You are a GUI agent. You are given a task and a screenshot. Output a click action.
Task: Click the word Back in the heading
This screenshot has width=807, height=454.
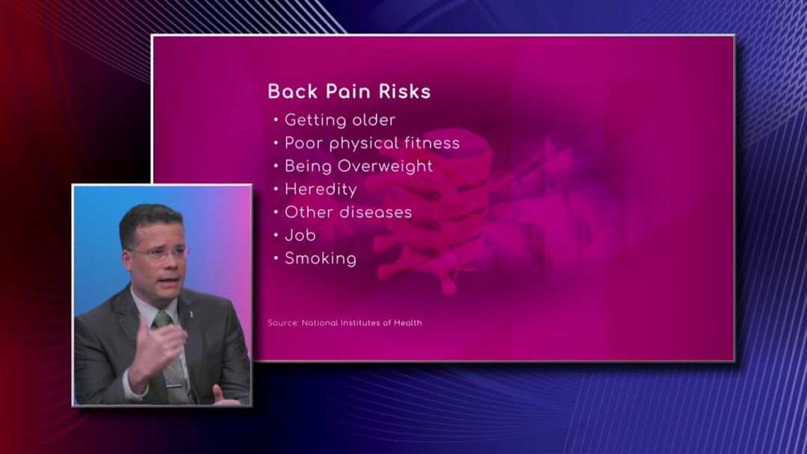click(x=293, y=92)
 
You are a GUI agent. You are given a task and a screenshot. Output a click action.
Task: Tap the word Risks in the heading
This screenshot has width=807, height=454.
click(x=404, y=92)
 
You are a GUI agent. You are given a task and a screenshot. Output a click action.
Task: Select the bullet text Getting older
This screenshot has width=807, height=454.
click(x=340, y=120)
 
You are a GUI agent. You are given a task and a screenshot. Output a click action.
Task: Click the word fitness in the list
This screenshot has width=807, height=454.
click(x=432, y=143)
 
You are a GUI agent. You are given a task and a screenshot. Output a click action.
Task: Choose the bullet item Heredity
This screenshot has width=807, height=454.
click(x=321, y=189)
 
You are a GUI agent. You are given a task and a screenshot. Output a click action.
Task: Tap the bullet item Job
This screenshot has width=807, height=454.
click(x=300, y=235)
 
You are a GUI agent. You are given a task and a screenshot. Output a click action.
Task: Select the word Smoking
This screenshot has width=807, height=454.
click(x=320, y=258)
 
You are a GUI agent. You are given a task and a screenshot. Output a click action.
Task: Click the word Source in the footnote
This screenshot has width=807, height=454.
click(x=283, y=323)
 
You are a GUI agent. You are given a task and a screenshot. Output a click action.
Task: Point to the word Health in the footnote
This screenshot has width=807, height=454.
click(x=408, y=323)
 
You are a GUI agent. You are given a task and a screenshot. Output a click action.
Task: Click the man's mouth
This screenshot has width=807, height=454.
click(x=170, y=281)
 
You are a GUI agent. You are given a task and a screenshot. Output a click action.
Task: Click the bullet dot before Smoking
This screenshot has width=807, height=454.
click(x=276, y=258)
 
